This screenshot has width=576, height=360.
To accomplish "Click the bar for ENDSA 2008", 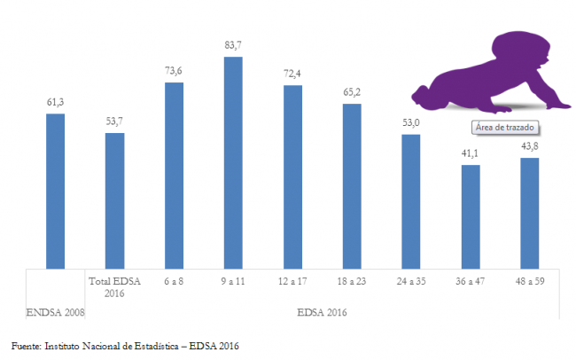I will pos(55,191).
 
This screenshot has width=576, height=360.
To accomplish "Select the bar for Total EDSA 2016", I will pos(114,200).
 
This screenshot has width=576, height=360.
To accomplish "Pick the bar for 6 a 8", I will pos(174,175).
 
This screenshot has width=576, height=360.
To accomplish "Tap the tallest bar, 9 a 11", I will pos(233,162).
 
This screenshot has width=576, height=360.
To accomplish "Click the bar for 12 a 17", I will pos(292,176).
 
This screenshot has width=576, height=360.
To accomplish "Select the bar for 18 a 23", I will pos(352,185).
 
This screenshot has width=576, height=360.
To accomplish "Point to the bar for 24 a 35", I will pos(410,201).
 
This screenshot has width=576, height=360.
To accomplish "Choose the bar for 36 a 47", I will pos(470,216).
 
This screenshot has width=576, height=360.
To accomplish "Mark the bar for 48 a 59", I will pos(530,213).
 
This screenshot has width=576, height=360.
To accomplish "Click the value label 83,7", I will pos(233,46).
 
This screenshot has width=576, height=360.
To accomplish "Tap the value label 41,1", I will pos(470,153).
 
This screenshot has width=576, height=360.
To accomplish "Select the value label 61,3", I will pos(55,103).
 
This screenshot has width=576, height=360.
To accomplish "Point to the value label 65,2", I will pos(352,92).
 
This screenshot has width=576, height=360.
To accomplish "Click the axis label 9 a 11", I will pos(233,281).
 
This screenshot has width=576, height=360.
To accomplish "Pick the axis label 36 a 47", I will pos(470,281).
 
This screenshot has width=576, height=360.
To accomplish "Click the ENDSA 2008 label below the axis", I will pos(55,312).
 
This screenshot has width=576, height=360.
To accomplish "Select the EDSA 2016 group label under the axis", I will pos(322,312).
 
